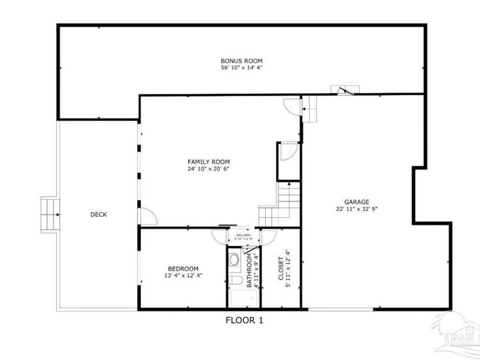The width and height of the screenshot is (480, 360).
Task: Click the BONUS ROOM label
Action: click(242, 61)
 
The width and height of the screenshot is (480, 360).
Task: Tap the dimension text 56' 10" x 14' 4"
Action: click(242, 68)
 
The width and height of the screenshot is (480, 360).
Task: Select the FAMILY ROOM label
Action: click(209, 162)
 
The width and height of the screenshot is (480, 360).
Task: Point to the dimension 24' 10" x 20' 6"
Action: click(209, 169)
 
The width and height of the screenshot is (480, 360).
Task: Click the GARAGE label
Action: click(356, 202)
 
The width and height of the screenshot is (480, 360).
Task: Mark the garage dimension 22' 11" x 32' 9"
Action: click(356, 209)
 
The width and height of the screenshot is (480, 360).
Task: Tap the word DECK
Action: click(98, 214)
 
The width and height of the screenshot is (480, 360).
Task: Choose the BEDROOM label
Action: click(183, 268)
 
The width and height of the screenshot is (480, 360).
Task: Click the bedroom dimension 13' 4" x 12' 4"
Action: click(183, 275)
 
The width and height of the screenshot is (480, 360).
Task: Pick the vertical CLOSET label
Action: click(281, 269)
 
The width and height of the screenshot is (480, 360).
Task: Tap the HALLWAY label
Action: click(244, 235)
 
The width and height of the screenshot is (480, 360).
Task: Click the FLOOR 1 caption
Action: click(244, 321)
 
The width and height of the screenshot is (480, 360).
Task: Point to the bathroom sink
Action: click(234, 260)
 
